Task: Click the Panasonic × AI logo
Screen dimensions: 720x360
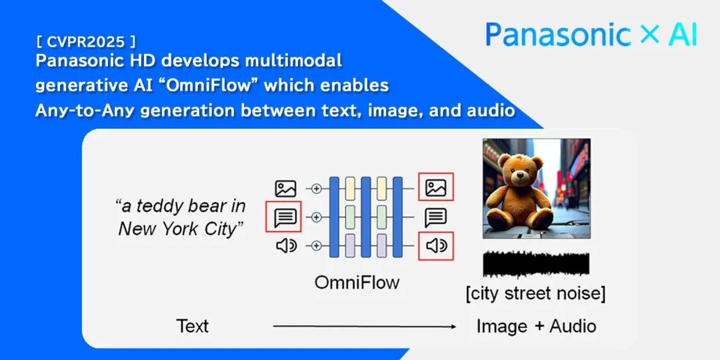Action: pos(591,35)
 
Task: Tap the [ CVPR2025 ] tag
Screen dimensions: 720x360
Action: pos(85,42)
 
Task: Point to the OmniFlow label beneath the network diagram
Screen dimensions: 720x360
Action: pos(357,283)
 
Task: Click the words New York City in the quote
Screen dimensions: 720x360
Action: pos(180,229)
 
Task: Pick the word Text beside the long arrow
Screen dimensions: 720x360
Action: pos(193,327)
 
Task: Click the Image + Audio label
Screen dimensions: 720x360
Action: pos(536,327)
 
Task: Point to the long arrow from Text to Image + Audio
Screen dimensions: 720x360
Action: pos(365,327)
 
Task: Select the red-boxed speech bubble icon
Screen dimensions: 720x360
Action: pos(283,217)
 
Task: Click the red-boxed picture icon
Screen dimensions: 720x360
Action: pos(436,187)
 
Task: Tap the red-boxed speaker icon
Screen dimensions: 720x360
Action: pos(436,246)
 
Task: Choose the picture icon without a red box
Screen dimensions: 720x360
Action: pos(285,189)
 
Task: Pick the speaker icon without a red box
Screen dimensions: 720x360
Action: pos(286,246)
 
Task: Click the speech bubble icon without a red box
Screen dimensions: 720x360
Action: pos(436,217)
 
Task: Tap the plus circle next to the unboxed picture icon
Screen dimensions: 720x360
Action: pos(316,189)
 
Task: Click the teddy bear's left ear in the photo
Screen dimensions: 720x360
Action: pos(505,161)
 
